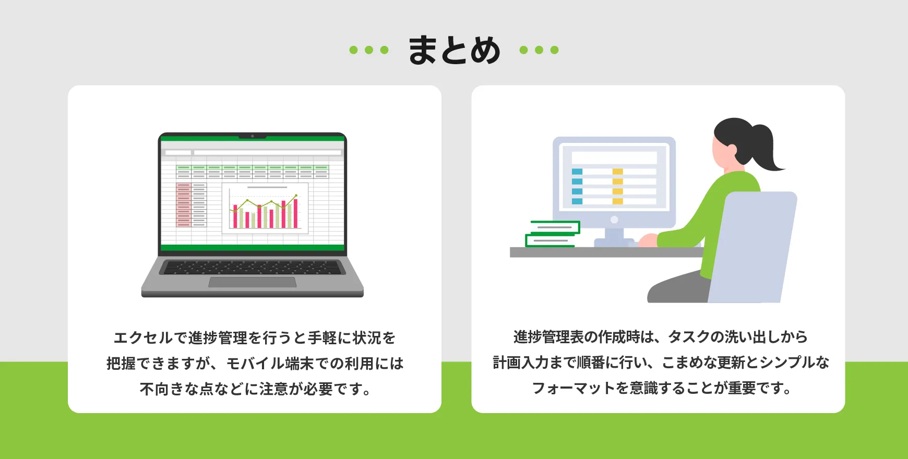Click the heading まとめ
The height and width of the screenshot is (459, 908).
(454, 50)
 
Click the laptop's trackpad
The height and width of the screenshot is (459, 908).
(253, 282)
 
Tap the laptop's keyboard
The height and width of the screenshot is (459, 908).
(253, 268)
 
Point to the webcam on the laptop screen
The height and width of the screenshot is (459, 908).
(253, 136)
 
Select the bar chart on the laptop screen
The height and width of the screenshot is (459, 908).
(265, 209)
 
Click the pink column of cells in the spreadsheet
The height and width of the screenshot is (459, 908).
(183, 204)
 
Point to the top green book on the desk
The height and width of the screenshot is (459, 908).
(555, 227)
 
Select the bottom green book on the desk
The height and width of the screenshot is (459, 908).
(550, 240)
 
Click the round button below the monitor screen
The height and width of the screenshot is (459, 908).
(614, 220)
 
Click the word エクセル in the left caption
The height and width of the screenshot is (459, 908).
(143, 338)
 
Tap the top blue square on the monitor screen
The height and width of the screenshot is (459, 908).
(577, 172)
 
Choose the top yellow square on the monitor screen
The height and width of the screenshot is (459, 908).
(618, 172)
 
